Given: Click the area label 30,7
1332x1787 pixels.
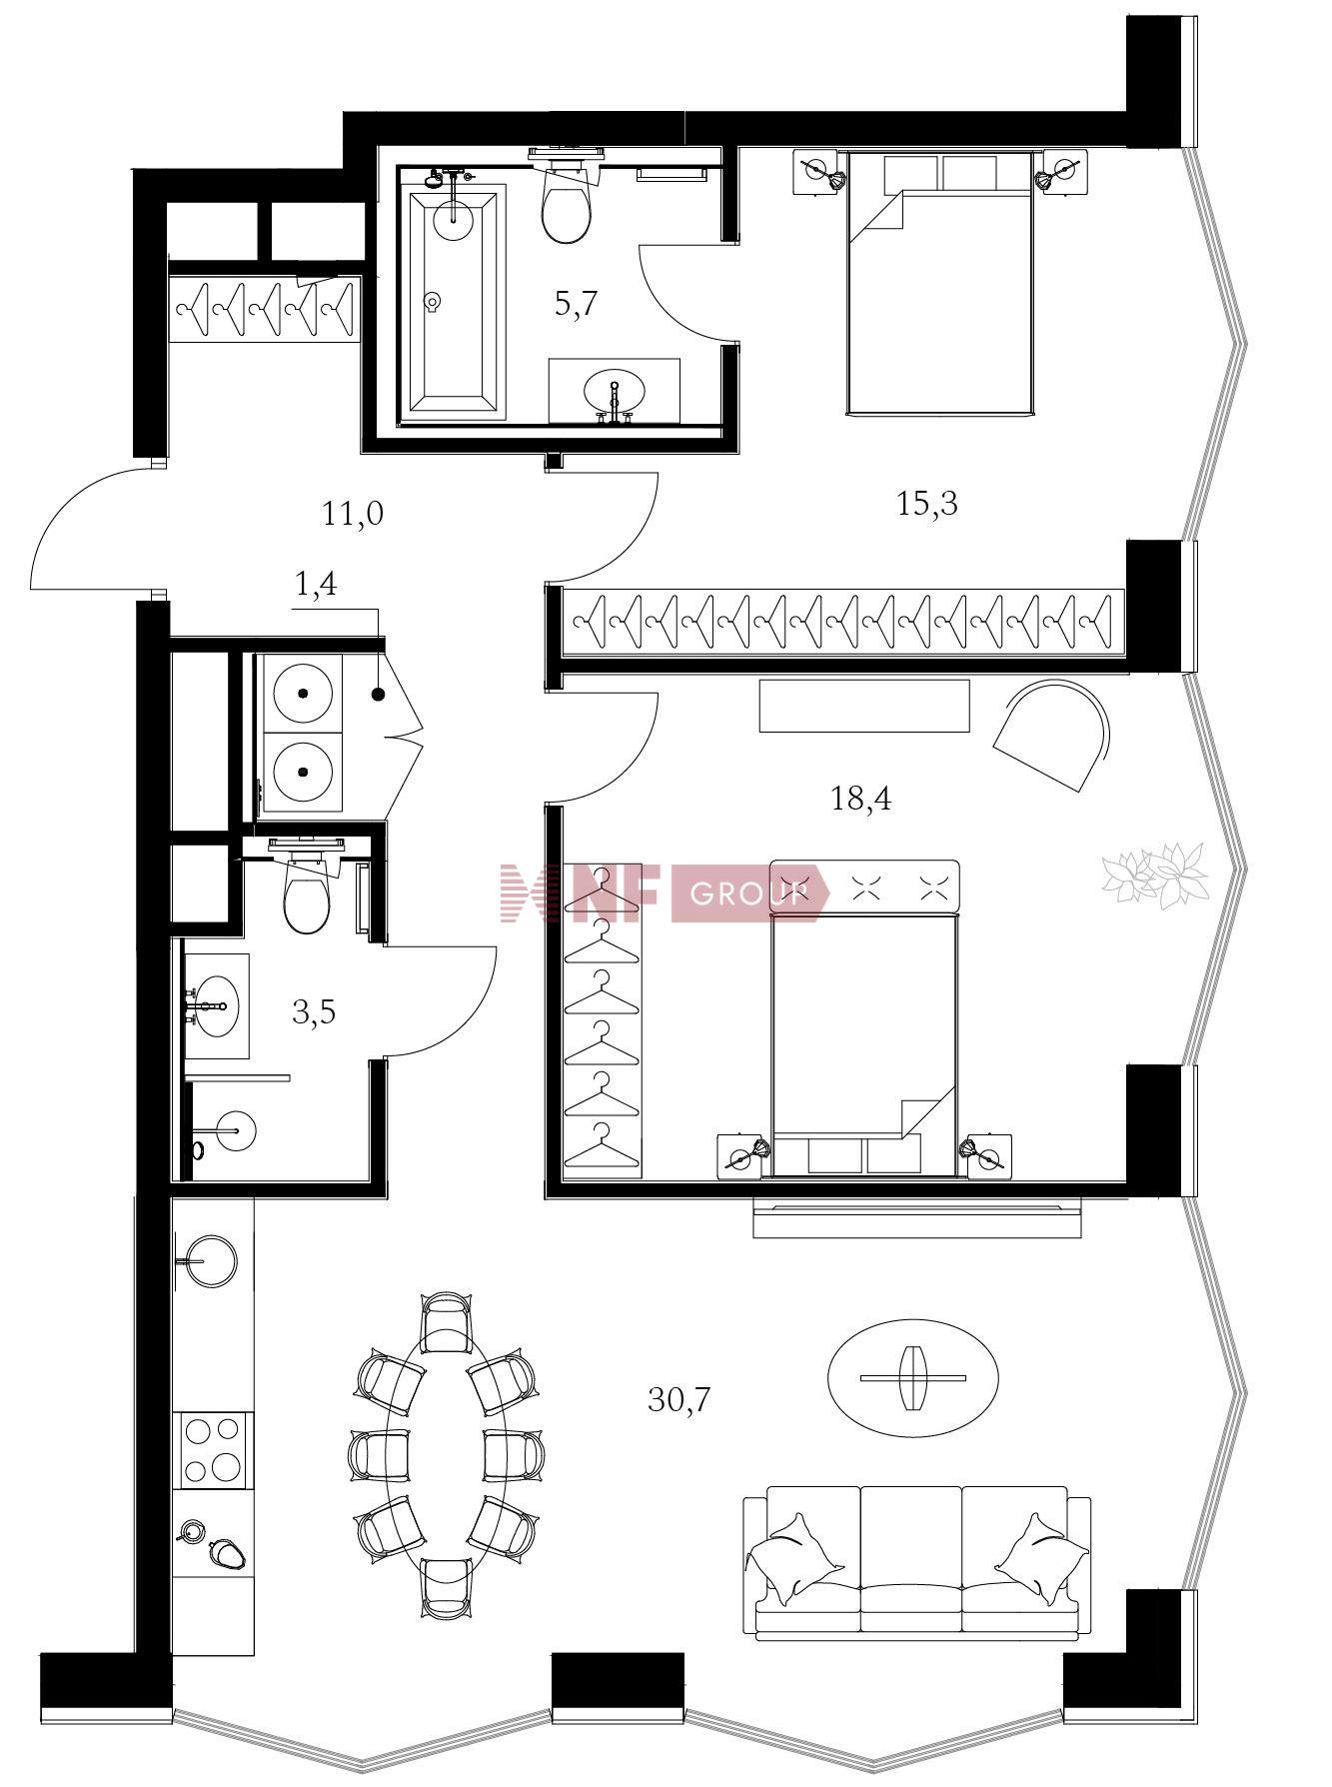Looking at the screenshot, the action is click(x=678, y=1399).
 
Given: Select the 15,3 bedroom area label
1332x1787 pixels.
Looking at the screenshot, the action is click(x=927, y=503).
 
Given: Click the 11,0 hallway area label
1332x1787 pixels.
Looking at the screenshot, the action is click(x=353, y=514).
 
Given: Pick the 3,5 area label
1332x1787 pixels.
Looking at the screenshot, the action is click(x=314, y=1012).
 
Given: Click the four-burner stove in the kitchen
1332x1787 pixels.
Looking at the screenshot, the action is click(x=213, y=1448).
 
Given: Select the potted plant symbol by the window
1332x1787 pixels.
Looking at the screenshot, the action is click(x=1156, y=872).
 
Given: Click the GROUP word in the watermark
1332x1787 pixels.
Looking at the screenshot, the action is click(x=747, y=893).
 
